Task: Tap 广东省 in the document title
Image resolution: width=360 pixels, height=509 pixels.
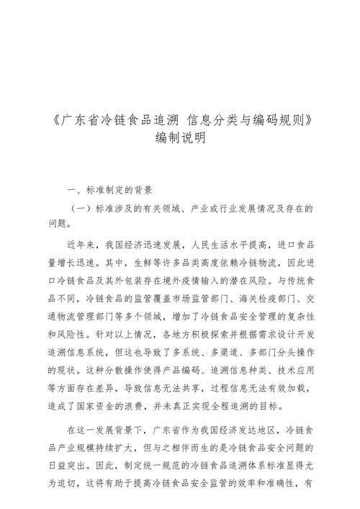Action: coord(77,117)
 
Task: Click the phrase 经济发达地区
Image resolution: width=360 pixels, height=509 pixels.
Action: coord(256,431)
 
